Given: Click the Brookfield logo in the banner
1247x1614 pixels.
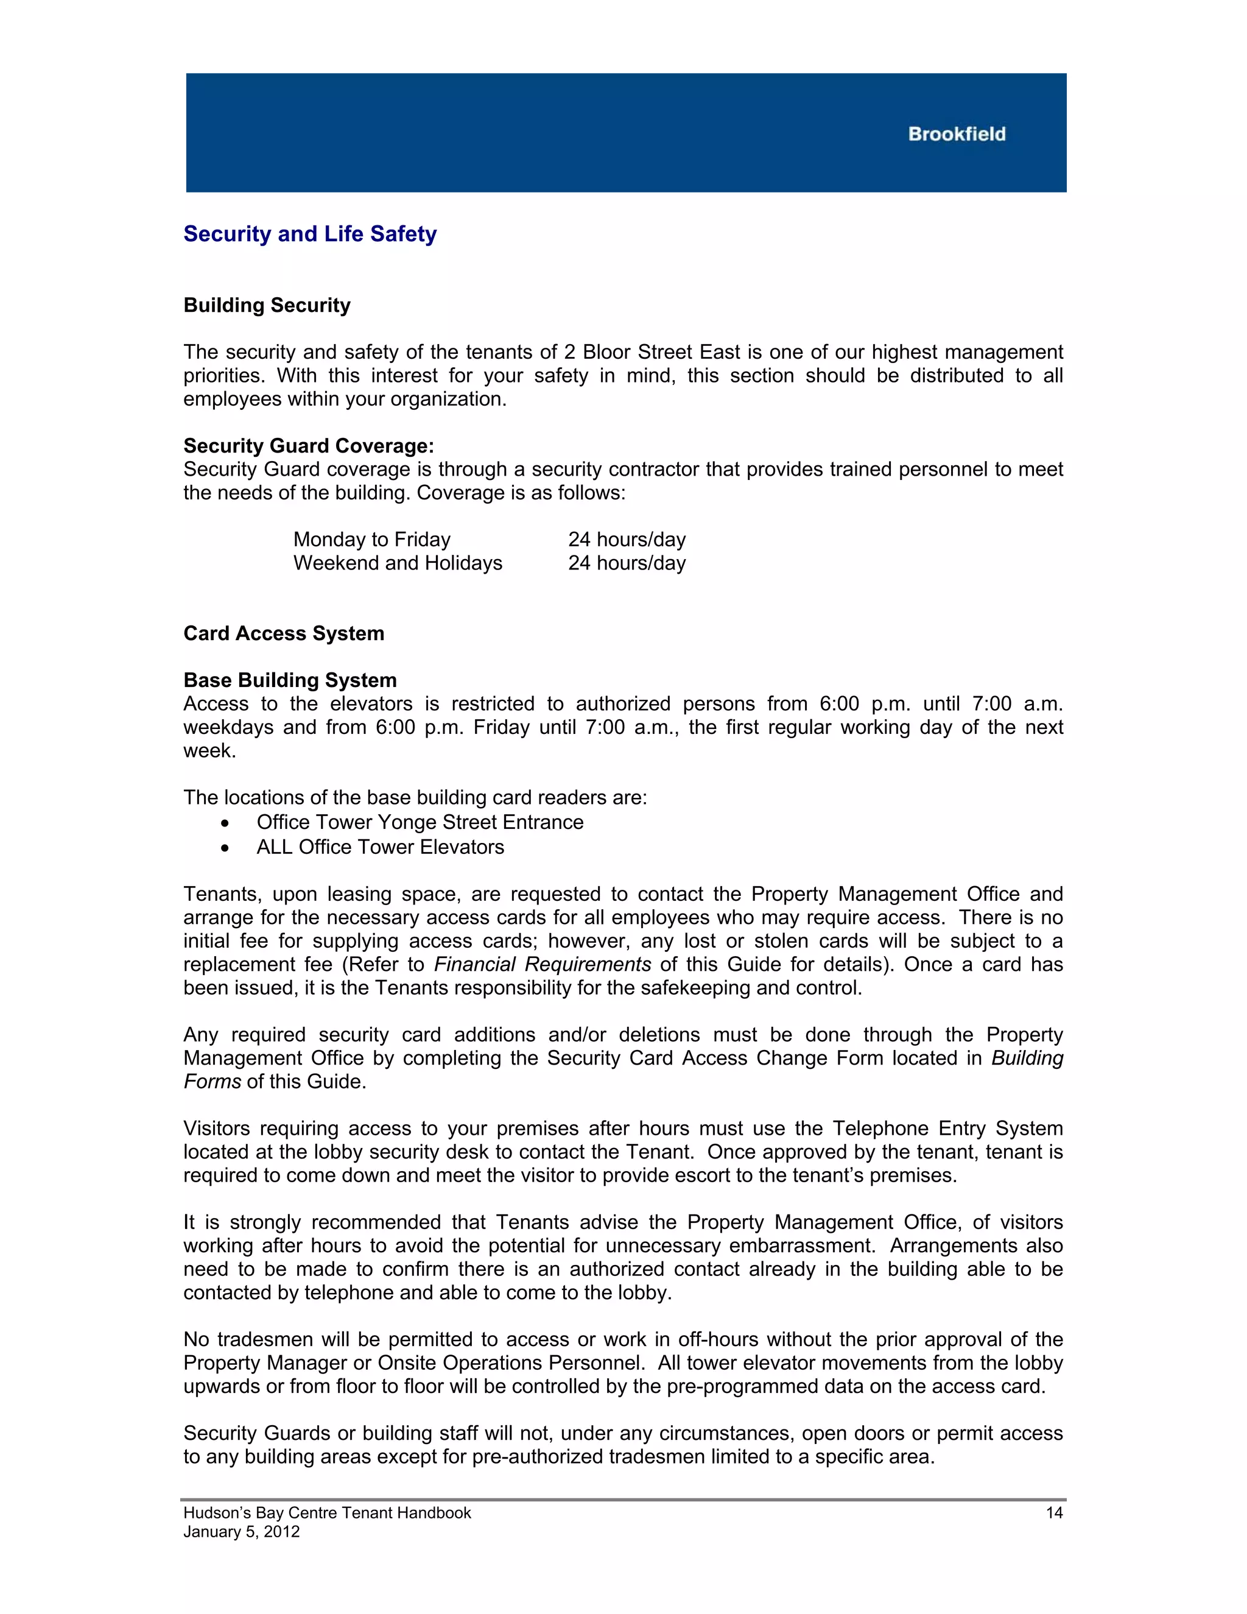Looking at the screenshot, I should click(956, 134).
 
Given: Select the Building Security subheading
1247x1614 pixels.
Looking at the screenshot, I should click(267, 305).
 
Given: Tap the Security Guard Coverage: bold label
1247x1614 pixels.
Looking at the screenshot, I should click(308, 446).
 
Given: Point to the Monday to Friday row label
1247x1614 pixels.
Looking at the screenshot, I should click(371, 540).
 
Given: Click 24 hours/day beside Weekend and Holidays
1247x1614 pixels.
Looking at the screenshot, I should click(627, 563).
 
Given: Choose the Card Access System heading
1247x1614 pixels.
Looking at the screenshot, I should click(284, 633).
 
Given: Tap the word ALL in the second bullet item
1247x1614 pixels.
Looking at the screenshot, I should click(274, 847).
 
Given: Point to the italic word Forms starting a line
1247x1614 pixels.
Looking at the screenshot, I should click(212, 1082).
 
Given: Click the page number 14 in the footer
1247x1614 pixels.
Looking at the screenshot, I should click(1053, 1513).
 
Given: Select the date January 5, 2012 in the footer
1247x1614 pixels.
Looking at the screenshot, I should click(242, 1532).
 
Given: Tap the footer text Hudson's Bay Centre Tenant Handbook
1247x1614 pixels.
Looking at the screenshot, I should click(326, 1513).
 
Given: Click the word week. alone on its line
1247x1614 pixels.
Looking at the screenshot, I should click(210, 751).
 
